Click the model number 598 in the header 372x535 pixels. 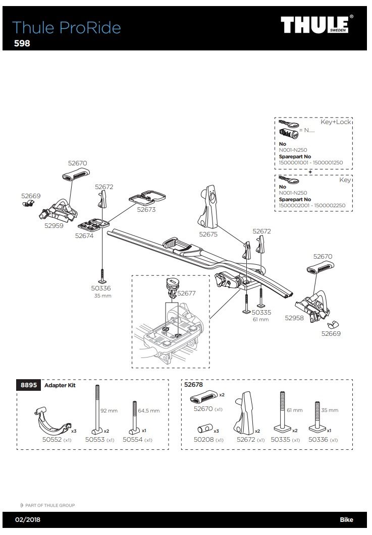tap(22, 43)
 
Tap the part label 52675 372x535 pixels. tap(208, 234)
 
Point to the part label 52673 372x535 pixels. tap(146, 210)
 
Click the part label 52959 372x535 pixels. tap(54, 226)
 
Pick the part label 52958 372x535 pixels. tap(294, 318)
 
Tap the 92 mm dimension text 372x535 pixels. tap(109, 411)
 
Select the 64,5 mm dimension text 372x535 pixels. tap(148, 411)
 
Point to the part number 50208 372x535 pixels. tap(203, 440)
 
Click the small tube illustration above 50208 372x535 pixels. tap(204, 429)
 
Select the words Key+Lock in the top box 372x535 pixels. tap(335, 122)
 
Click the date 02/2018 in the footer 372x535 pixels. tap(27, 520)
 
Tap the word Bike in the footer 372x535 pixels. tap(346, 520)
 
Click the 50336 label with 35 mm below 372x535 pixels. tap(100, 288)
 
